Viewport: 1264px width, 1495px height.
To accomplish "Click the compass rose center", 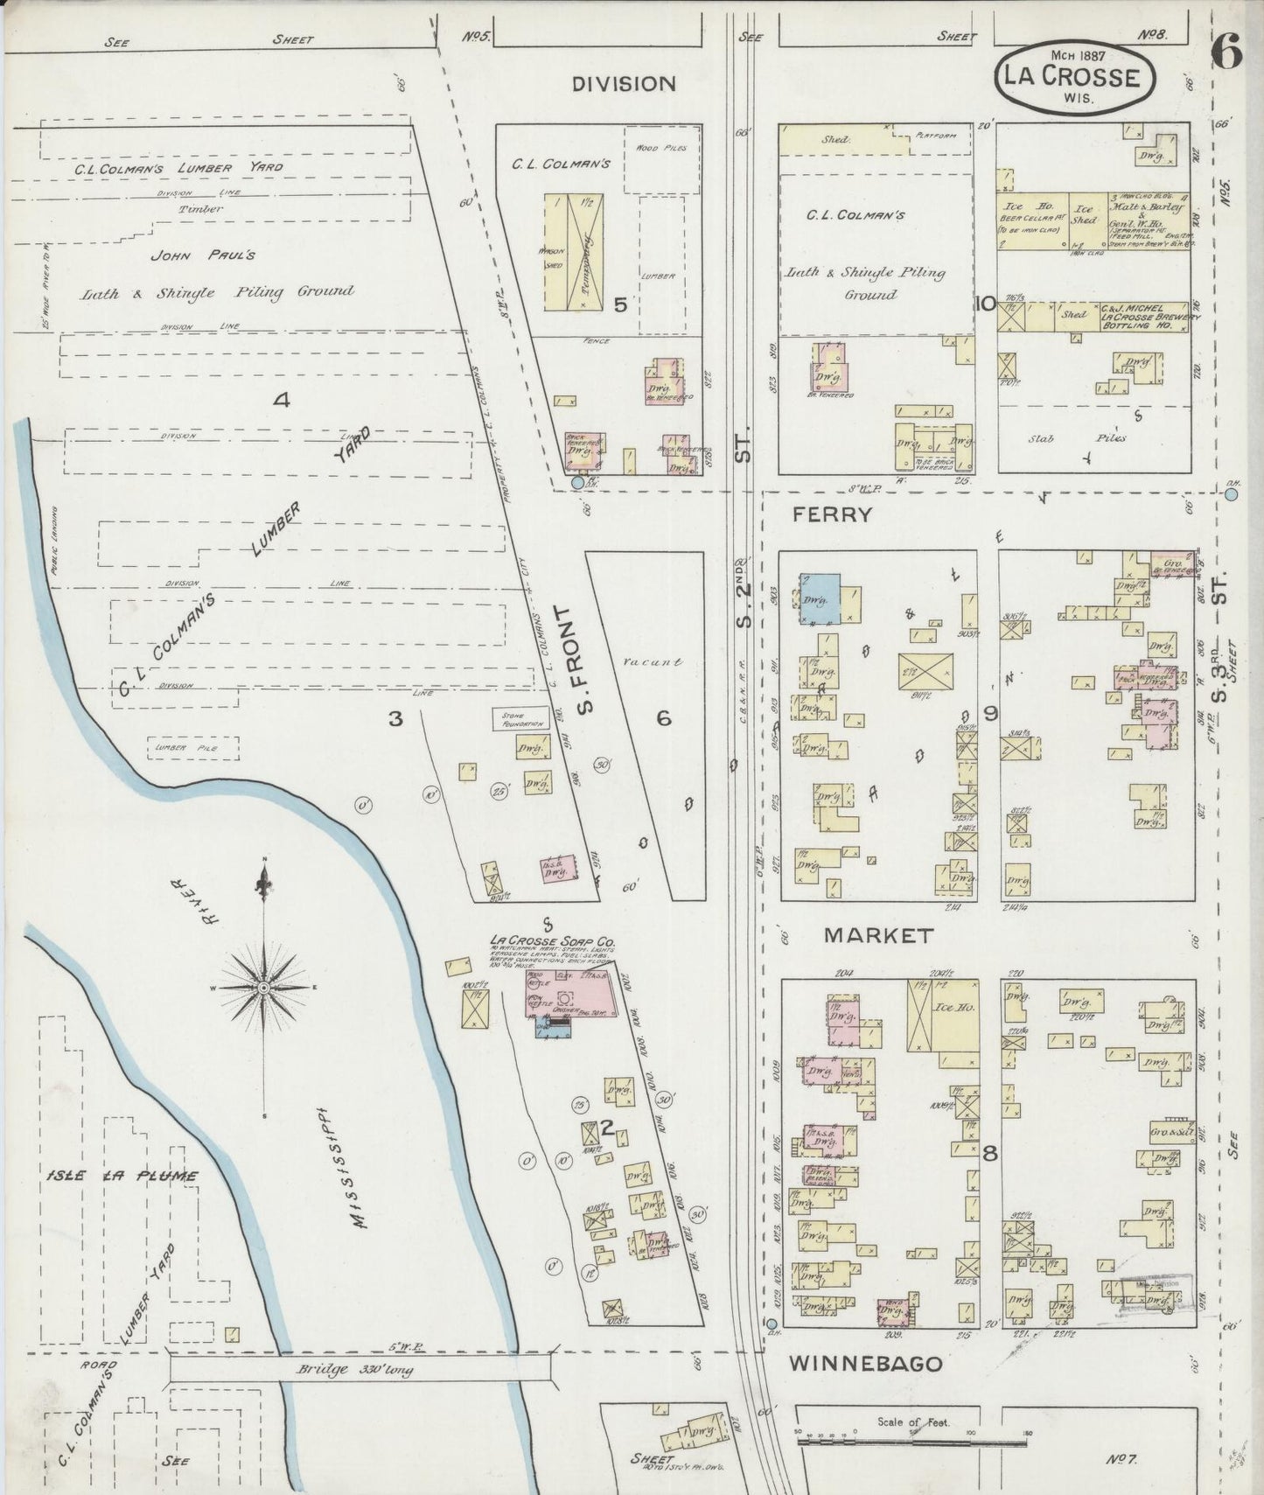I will [263, 987].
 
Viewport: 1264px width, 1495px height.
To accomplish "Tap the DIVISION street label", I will [624, 84].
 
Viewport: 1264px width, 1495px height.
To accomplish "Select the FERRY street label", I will [832, 514].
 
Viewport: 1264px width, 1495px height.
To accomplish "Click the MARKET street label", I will [878, 935].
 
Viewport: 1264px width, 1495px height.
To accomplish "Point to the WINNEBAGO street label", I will [866, 1364].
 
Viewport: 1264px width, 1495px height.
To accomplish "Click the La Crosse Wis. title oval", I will [1073, 80].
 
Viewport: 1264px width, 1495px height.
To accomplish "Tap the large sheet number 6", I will [1226, 54].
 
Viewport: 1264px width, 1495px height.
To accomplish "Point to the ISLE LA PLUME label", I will [122, 1176].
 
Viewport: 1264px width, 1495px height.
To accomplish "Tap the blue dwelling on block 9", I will [820, 598].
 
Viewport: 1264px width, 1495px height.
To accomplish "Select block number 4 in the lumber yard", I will [281, 401].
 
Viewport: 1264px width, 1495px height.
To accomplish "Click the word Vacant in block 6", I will [652, 662].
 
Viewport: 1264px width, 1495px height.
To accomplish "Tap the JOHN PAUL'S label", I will [203, 255].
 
